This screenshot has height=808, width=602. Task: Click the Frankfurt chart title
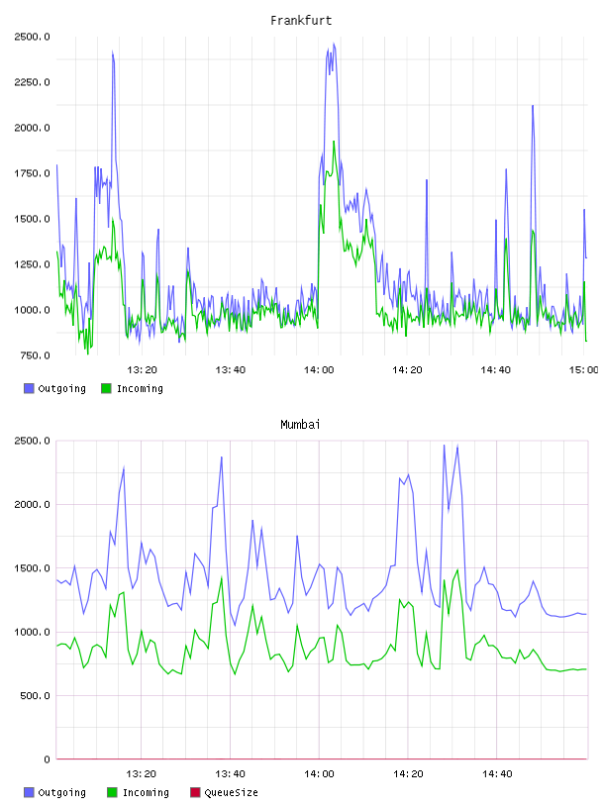301,21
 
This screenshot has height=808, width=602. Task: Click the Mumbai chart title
300,425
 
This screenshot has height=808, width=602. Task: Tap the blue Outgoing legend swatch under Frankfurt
29,388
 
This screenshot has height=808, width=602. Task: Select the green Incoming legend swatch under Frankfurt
106,388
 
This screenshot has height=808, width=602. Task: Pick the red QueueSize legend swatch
195,792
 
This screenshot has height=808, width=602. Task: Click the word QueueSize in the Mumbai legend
231,792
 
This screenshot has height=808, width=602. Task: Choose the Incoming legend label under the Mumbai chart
146,792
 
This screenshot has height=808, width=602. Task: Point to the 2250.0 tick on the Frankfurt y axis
32,82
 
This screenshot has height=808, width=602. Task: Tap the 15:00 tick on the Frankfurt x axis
583,370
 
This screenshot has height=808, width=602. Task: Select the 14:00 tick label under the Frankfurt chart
319,370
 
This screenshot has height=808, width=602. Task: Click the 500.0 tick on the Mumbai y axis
35,696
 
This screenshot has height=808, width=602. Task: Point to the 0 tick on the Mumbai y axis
47,759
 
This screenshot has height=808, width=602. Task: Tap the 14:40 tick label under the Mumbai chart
497,774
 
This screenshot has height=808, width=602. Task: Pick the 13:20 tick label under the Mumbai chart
141,774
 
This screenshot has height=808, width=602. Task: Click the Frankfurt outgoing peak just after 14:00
334,44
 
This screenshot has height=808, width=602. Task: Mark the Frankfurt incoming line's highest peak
334,142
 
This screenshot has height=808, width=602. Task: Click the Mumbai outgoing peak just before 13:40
222,457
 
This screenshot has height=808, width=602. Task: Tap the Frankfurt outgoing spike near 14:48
533,106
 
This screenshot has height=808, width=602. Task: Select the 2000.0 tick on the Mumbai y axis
32,504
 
